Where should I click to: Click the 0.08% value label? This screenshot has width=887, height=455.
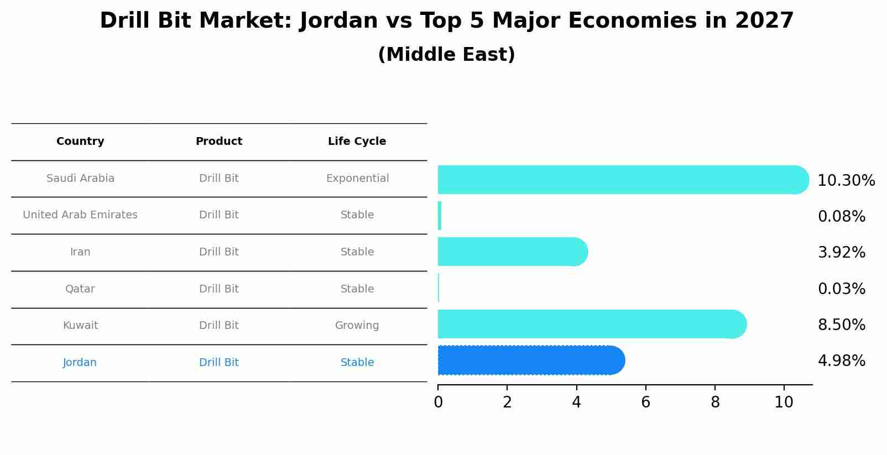(x=841, y=217)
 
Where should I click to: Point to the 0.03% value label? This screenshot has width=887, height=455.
(x=841, y=289)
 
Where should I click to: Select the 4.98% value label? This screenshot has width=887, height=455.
(x=841, y=361)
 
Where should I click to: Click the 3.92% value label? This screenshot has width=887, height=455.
(x=841, y=253)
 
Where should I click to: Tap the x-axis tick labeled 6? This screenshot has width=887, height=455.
(x=645, y=402)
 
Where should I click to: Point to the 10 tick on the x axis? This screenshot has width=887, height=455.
(x=784, y=402)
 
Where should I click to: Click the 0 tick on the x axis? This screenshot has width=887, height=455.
(x=438, y=402)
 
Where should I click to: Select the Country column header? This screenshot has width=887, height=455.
(x=80, y=142)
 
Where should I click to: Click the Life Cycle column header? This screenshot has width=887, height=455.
(x=357, y=142)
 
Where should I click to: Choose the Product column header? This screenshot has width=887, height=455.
(x=219, y=142)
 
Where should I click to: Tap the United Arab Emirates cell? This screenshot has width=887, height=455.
(x=80, y=215)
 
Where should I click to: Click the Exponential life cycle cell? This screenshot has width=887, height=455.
(x=357, y=179)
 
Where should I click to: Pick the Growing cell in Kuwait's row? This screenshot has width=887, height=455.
(x=357, y=326)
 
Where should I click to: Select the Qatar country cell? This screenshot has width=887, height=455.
(x=80, y=289)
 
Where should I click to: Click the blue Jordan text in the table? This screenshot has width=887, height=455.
(x=80, y=363)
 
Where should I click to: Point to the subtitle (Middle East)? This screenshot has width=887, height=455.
(x=446, y=55)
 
